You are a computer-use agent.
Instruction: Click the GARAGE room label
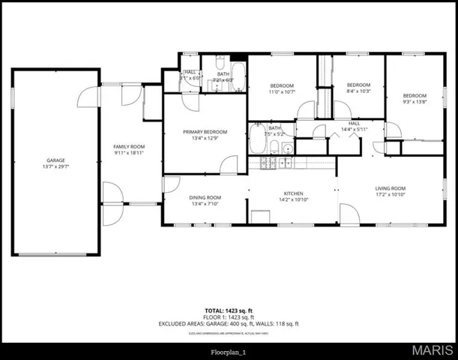(x=55, y=160)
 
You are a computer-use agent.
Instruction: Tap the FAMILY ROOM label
(x=129, y=146)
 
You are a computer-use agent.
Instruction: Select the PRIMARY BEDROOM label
(x=205, y=132)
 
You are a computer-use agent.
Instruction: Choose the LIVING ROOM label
(x=391, y=188)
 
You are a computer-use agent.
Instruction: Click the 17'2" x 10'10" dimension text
(x=391, y=195)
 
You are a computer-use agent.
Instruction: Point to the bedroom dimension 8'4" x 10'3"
(x=359, y=91)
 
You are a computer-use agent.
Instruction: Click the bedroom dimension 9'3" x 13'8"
(x=414, y=102)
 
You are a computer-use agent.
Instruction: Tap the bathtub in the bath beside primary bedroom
(x=257, y=140)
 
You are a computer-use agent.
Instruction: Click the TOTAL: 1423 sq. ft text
(x=229, y=310)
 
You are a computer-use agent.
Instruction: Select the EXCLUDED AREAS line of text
(x=229, y=323)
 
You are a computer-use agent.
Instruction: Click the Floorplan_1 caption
(x=229, y=351)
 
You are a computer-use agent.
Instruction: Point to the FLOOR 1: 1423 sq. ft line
(x=229, y=316)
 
